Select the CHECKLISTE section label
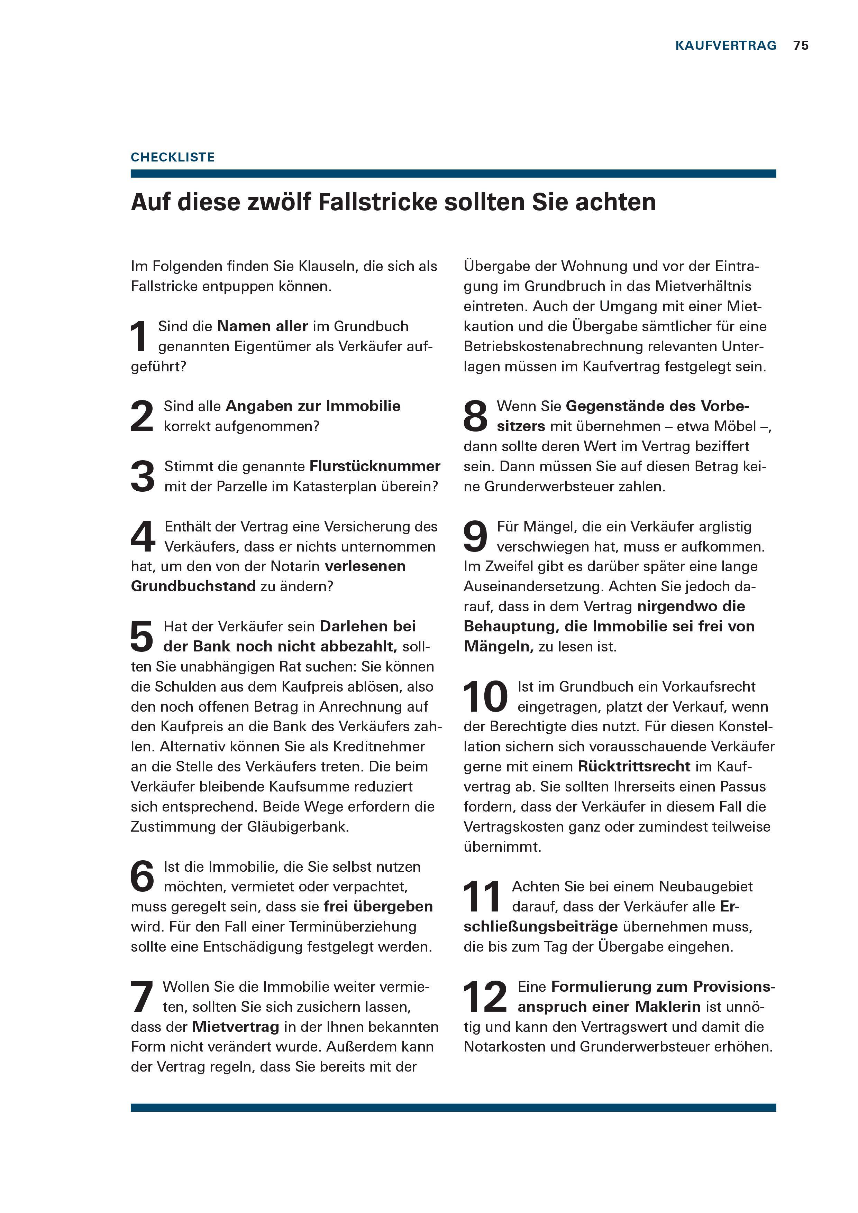[173, 157]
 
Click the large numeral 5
[142, 637]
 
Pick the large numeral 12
[484, 997]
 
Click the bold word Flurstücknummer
[375, 466]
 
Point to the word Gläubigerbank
[298, 826]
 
